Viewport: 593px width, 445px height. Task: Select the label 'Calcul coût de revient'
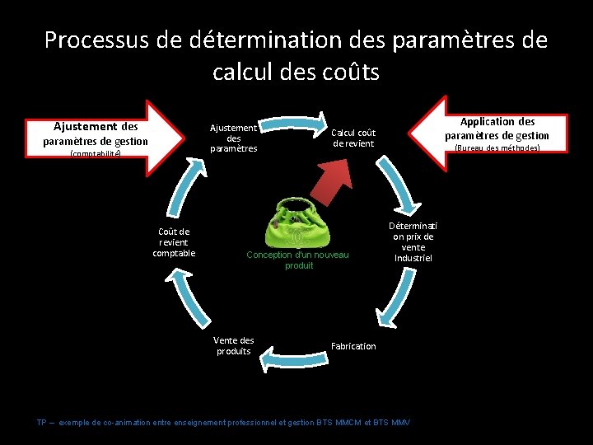point(353,138)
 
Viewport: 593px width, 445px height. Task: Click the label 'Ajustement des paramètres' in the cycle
point(233,138)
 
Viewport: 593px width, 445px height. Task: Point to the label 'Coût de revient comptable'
point(174,242)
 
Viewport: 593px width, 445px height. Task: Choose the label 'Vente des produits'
point(233,345)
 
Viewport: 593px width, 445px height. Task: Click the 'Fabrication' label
point(353,346)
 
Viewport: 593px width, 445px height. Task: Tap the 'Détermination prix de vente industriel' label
point(413,241)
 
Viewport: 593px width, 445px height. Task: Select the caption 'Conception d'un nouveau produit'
point(297,260)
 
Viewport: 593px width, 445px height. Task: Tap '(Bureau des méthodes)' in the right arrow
point(497,148)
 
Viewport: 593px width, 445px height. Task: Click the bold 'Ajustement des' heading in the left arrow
point(96,127)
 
